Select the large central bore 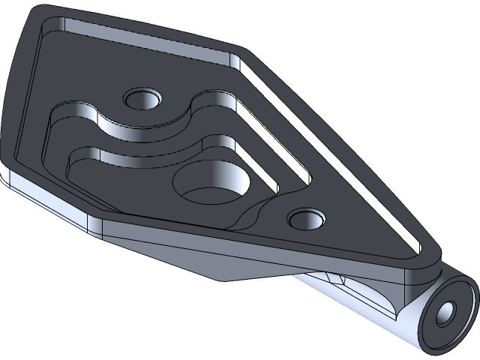coord(209,185)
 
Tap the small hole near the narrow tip coord(306,220)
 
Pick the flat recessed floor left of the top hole coord(82,82)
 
